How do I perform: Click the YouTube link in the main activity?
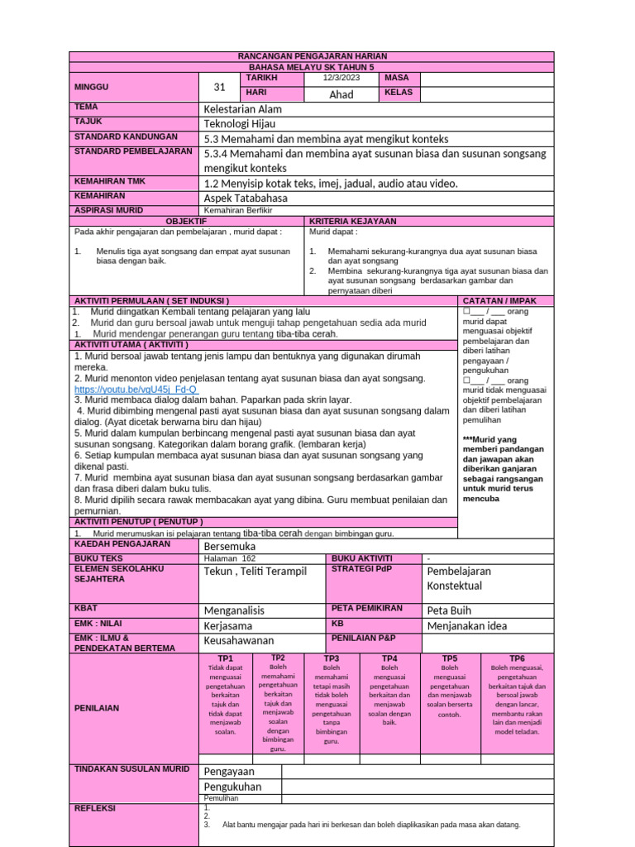[x=136, y=390]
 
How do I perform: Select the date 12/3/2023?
[x=342, y=79]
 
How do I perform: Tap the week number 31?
[x=219, y=87]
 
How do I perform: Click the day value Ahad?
[x=341, y=94]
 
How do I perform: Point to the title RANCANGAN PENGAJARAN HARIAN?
[x=312, y=56]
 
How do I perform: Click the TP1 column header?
[x=225, y=658]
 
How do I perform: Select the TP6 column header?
[x=517, y=658]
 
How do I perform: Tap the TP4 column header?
[x=389, y=658]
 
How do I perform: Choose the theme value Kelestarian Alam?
[x=242, y=109]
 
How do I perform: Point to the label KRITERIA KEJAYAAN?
[x=352, y=222]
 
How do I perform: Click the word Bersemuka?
[x=230, y=547]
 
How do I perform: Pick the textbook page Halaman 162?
[x=230, y=559]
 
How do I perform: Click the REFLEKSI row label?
[x=95, y=808]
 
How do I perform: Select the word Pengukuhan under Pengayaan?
[x=232, y=787]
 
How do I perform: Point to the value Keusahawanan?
[x=238, y=640]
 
